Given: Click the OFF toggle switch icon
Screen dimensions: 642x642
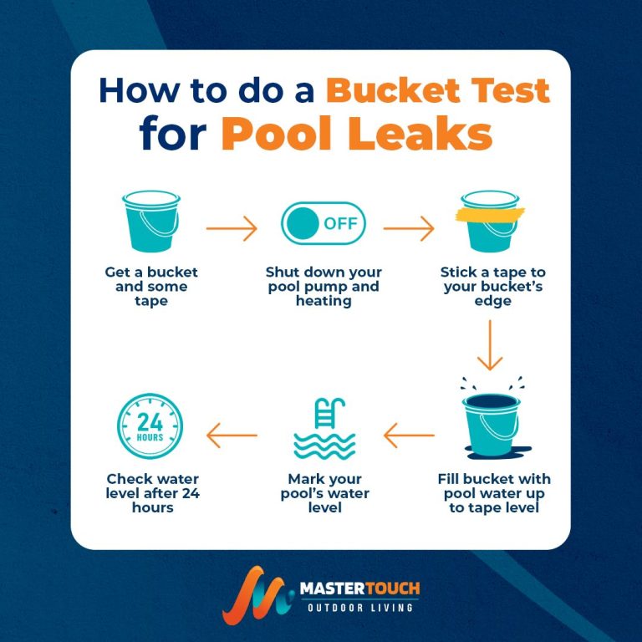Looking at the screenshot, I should point(323,224).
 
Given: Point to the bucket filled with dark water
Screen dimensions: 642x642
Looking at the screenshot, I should point(491,429).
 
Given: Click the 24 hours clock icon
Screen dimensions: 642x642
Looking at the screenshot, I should point(151,430).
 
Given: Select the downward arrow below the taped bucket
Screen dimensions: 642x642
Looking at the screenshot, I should point(491,347).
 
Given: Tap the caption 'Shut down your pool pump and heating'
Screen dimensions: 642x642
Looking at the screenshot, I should point(324,287).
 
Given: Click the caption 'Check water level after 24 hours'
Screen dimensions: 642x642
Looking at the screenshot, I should point(152,493).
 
